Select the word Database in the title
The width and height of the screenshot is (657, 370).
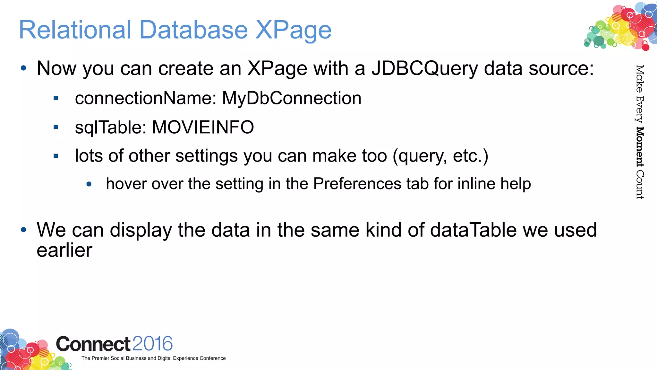pos(193,30)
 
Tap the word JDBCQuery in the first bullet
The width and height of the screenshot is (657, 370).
pos(424,69)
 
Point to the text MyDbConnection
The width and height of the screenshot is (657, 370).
pos(292,98)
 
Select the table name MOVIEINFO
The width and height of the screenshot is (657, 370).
pos(203,127)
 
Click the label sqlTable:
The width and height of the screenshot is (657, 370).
pos(111,127)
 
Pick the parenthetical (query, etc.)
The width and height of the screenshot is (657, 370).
pos(440,156)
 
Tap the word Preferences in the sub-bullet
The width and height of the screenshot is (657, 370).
pos(357,184)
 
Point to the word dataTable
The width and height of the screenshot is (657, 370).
pos(473,230)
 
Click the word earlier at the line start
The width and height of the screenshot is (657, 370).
pos(64,250)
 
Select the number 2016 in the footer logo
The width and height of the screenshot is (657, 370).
pos(152,344)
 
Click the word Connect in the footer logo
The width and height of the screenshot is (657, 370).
pos(93,344)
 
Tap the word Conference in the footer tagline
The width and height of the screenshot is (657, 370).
pos(212,358)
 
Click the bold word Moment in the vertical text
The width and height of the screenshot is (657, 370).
pos(640,147)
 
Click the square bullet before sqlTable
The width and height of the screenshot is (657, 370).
pos(56,127)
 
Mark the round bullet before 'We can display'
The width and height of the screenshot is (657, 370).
pos(23,230)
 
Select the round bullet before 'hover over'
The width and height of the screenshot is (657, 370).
pos(89,184)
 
